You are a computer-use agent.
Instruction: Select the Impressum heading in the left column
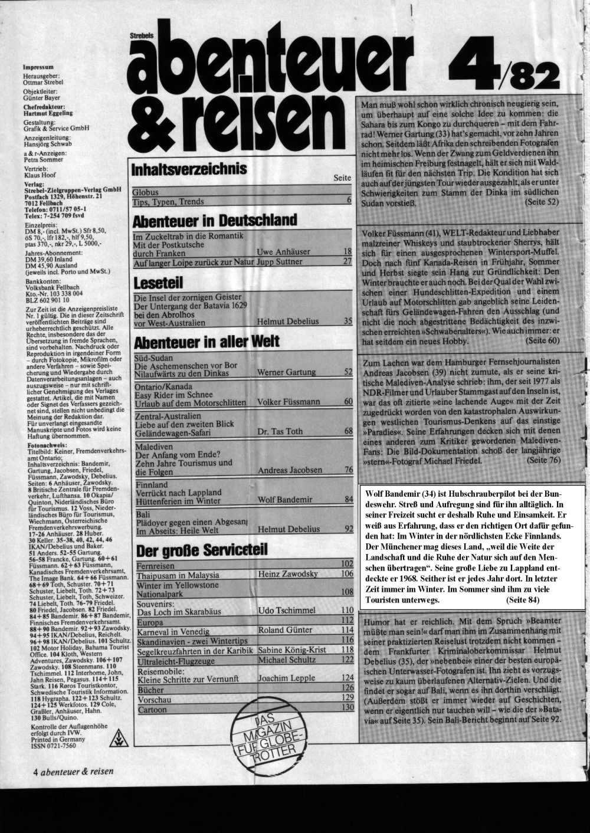(38, 67)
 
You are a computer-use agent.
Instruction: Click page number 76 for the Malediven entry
(348, 470)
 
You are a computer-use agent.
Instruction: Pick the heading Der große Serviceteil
(202, 551)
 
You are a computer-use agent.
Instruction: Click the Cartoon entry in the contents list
(152, 710)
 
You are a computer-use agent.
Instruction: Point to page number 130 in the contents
(347, 707)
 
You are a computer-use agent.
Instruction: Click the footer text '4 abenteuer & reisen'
(73, 771)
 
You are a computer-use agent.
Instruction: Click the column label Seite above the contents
(342, 178)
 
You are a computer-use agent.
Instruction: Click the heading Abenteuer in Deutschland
(215, 221)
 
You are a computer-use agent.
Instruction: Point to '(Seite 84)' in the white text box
(522, 601)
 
